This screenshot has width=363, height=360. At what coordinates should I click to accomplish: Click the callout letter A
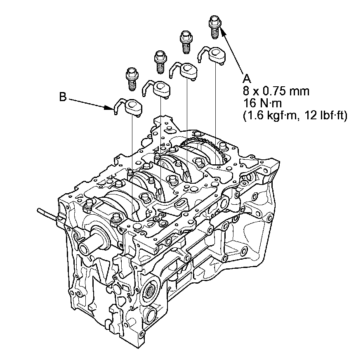(x=247, y=79)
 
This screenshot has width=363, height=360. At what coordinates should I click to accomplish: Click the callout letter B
(x=63, y=97)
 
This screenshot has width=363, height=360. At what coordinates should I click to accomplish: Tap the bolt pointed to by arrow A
(x=215, y=27)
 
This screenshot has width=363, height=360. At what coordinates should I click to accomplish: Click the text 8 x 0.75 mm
(x=276, y=91)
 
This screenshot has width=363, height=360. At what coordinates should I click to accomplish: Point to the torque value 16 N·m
(x=262, y=103)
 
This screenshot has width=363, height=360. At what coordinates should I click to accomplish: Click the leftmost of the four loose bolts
(x=132, y=79)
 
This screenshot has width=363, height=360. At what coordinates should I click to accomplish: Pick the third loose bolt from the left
(x=186, y=42)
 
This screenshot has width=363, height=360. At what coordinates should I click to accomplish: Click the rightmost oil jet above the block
(x=212, y=55)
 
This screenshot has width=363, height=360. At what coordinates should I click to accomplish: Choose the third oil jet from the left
(x=184, y=71)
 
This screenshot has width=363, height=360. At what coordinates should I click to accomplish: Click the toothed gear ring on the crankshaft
(x=205, y=147)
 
